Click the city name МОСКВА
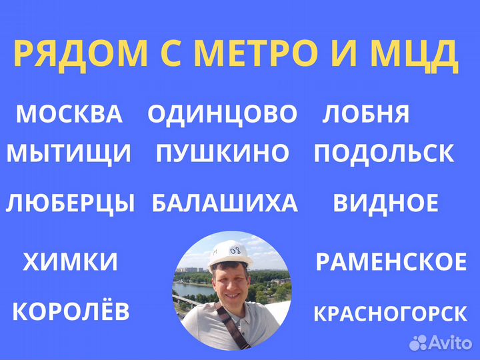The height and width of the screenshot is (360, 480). click(69, 114)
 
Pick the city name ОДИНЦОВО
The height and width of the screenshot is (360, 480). click(222, 114)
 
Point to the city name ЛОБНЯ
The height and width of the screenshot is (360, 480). click(365, 114)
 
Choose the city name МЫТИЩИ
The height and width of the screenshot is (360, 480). click(69, 154)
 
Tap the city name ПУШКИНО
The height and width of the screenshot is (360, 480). click(223, 154)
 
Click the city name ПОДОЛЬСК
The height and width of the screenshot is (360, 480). click(384, 154)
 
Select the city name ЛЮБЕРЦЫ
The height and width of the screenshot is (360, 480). click(70, 203)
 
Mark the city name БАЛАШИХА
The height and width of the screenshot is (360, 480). click(225, 203)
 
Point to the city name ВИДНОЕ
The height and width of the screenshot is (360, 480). click(385, 203)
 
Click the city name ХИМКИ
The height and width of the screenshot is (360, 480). click(71, 262)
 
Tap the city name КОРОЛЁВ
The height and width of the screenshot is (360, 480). click(71, 311)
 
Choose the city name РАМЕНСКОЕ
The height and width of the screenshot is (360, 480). click(391, 262)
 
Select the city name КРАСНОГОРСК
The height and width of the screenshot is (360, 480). click(391, 313)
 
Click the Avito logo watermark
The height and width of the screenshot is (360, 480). click(441, 343)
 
